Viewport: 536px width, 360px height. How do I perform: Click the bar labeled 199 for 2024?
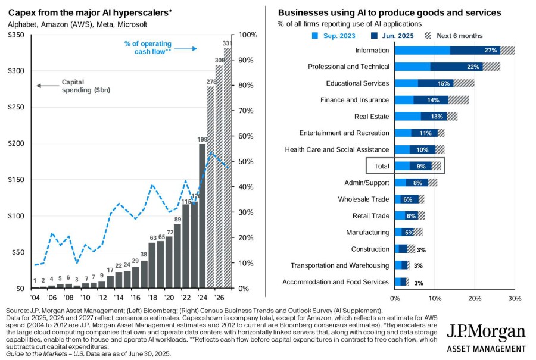(202, 216)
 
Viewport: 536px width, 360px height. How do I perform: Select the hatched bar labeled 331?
(228, 168)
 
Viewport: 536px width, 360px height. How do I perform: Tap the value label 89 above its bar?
(177, 220)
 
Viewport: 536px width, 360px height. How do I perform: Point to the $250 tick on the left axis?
(16, 107)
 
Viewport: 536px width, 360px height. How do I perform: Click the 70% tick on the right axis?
(246, 111)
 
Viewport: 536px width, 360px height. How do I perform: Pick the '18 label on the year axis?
(152, 298)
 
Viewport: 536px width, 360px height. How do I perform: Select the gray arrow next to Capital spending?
(48, 86)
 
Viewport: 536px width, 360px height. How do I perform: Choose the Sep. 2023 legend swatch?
(315, 36)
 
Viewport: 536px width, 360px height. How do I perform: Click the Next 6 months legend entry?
(453, 36)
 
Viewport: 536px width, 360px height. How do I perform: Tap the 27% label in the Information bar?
(491, 50)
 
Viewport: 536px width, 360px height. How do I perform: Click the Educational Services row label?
(357, 83)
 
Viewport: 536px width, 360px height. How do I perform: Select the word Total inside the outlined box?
(382, 166)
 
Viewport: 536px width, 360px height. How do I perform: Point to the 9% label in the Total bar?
(421, 167)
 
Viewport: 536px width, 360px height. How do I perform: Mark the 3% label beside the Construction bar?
(421, 250)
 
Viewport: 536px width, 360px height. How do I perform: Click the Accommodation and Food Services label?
(336, 282)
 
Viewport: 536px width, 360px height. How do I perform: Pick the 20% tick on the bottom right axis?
(475, 299)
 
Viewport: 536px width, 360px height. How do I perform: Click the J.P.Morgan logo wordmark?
(486, 332)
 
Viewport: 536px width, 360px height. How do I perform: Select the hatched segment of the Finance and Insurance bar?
(459, 100)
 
